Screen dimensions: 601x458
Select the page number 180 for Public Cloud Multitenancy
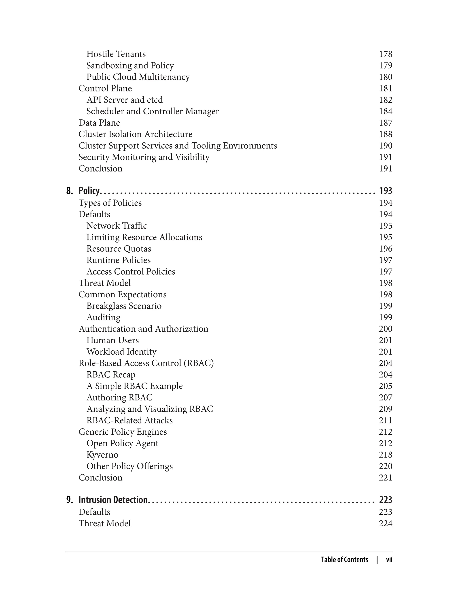(x=385, y=77)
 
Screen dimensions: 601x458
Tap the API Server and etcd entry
(x=124, y=100)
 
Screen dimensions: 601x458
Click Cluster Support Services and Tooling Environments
(x=178, y=146)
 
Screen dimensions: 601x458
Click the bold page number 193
(x=385, y=190)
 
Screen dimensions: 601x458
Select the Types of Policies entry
(x=110, y=203)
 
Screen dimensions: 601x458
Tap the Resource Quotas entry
(x=119, y=249)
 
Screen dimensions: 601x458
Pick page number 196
(x=385, y=249)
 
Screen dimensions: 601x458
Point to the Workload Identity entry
(x=121, y=352)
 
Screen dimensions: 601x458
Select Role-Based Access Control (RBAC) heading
(x=146, y=363)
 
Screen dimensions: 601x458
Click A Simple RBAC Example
(x=134, y=386)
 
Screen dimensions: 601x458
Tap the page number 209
(x=385, y=409)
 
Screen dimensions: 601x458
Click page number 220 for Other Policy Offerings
(x=385, y=466)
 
